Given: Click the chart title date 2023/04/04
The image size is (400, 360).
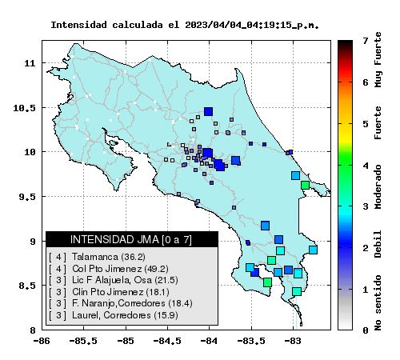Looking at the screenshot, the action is coord(212,25).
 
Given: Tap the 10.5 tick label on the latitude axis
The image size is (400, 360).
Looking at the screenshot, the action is coord(24,108).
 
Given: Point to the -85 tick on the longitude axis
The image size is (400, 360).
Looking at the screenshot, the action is coord(126,341).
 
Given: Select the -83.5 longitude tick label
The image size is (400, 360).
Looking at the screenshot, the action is coord(251,341).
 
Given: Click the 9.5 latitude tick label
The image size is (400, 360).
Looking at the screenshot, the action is coord(26,197).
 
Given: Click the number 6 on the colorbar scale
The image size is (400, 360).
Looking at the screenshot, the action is coord(366,82).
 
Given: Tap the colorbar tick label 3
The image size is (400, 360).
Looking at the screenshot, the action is coord(366,206).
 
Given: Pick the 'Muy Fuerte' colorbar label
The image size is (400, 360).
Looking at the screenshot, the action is coord(378,60).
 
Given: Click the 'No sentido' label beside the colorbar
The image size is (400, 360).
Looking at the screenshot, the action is coord(378,303).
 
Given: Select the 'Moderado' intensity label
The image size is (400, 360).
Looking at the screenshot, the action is coord(378,186).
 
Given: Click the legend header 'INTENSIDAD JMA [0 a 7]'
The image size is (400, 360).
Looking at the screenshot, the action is coord(131,239).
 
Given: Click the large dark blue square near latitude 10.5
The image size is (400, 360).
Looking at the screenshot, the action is coord(208,111).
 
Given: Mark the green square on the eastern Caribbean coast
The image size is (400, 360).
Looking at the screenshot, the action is coord(305,185).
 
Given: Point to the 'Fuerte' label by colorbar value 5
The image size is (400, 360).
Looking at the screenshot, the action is coord(378,122).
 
